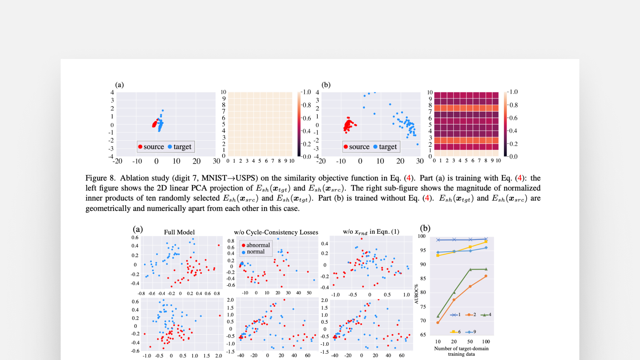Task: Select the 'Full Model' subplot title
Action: point(179,232)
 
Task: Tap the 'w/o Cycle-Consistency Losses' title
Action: point(276,232)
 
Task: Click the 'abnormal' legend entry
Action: point(258,245)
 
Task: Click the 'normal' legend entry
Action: point(255,252)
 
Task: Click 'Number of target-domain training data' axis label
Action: point(461,351)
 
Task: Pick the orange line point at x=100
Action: point(486,276)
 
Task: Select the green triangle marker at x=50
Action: point(470,269)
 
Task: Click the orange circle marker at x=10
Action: point(438,322)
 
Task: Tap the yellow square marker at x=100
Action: point(486,242)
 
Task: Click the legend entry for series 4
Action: point(486,315)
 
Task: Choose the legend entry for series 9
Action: point(471,332)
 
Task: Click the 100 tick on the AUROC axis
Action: point(422,236)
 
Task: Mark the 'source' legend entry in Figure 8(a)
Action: point(151,147)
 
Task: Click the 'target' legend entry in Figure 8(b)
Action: point(385,147)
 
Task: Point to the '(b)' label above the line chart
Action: point(425,228)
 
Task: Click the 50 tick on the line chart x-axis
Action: point(470,342)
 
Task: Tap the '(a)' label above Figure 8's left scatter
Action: point(119,85)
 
